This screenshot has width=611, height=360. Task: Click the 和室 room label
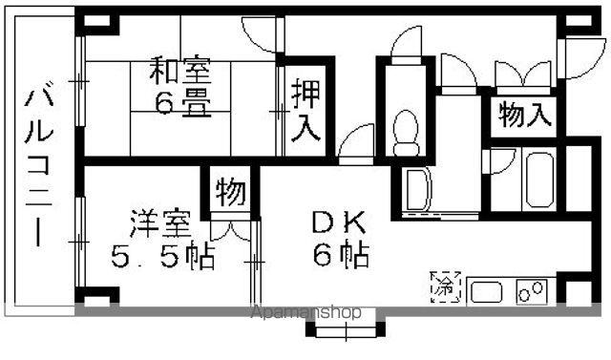(180, 70)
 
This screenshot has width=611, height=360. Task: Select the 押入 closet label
(306, 110)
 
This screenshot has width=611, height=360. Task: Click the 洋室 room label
(160, 223)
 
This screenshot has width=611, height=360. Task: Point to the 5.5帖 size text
(163, 256)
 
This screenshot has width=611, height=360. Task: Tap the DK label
(339, 222)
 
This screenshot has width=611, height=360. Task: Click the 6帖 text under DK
(342, 254)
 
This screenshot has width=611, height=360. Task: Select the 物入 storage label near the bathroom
(525, 115)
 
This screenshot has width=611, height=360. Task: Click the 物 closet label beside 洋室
(231, 193)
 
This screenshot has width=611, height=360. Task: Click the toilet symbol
(406, 133)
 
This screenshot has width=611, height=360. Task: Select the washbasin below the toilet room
(419, 189)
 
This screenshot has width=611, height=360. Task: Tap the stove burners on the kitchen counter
(531, 291)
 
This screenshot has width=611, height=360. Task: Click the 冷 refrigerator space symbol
(446, 287)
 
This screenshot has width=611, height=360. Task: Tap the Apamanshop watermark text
(305, 311)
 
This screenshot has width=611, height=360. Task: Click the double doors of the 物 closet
(230, 231)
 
